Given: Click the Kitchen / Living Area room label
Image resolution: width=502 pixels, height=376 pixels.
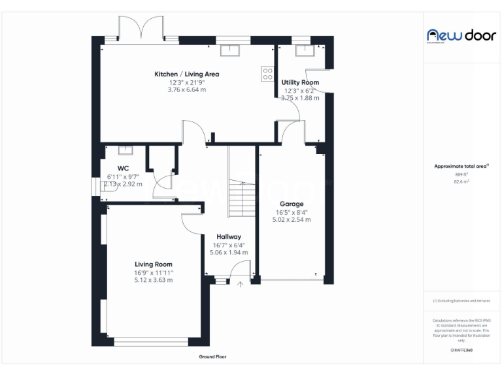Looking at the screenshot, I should click(x=186, y=74).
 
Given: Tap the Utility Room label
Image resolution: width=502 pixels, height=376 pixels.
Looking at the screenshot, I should click(x=300, y=82).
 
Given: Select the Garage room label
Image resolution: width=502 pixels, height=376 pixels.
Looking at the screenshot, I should click(x=292, y=204).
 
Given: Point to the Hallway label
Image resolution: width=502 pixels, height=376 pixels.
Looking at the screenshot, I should click(x=229, y=237).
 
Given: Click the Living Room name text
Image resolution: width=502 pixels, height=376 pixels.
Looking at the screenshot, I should click(x=154, y=264).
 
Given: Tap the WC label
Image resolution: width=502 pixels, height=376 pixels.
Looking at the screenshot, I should click(x=123, y=168).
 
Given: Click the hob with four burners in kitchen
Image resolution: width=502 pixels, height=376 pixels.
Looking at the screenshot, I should click(x=267, y=74).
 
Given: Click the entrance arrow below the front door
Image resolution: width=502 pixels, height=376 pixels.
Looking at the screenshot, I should click(x=240, y=285).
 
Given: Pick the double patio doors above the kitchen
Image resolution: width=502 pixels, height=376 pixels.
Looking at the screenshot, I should click(x=141, y=29).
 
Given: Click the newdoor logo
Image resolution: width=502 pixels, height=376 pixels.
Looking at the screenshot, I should click(x=461, y=35).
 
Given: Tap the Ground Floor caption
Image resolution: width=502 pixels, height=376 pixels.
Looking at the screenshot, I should click(x=212, y=357).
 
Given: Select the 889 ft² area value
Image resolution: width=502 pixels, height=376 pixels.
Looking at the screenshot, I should click(x=461, y=174).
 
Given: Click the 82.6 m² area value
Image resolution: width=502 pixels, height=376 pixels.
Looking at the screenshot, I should click(x=461, y=182).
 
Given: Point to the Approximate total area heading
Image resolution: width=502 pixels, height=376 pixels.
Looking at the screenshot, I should click(x=461, y=166).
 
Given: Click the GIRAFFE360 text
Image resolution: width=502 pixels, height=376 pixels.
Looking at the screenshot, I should click(x=461, y=351).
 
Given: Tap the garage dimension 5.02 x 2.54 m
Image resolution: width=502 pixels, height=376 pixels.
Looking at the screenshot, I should click(x=292, y=220).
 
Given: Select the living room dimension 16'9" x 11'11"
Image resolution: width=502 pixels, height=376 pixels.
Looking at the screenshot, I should click(x=154, y=272).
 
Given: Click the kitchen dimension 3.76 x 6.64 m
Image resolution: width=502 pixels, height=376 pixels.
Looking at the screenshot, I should click(x=186, y=90).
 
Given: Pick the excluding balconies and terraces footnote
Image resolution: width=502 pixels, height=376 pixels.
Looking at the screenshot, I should click(x=461, y=301).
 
